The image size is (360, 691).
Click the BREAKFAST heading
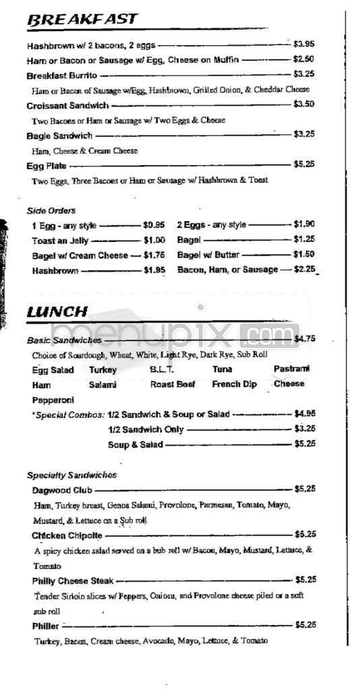[82, 20]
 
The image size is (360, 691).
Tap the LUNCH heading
[57, 311]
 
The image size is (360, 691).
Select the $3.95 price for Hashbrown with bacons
[304, 44]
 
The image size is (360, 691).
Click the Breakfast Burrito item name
[61, 75]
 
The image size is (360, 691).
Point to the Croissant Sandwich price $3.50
[304, 104]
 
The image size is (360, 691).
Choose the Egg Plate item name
[46, 164]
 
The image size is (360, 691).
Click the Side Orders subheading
[51, 210]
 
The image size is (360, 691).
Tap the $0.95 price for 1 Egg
[154, 225]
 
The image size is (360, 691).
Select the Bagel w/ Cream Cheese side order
[80, 256]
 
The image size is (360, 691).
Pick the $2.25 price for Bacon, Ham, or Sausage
[304, 270]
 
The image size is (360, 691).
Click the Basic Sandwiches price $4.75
[305, 339]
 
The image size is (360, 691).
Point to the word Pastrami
[291, 369]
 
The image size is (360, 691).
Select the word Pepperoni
[53, 400]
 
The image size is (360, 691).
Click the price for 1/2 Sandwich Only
[305, 429]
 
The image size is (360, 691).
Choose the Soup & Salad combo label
[135, 444]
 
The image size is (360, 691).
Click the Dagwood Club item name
[61, 490]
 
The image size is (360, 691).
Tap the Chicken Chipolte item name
[67, 535]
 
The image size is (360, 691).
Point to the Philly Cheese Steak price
[305, 580]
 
